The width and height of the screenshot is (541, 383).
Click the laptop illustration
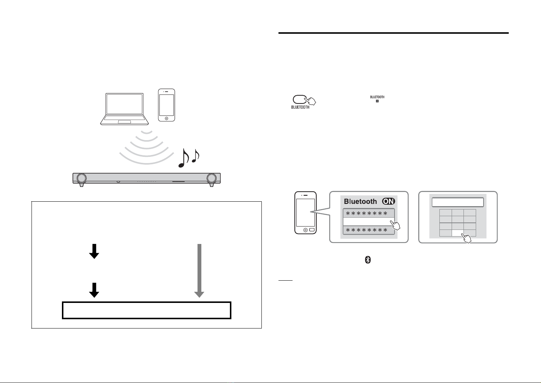[124, 109]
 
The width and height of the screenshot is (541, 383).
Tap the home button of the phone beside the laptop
[166, 118]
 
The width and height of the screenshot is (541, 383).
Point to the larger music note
[184, 158]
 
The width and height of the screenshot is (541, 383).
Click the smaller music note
[196, 156]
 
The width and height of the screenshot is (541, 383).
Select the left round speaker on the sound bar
[82, 178]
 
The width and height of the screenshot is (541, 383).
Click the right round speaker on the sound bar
[212, 178]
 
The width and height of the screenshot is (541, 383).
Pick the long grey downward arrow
[199, 271]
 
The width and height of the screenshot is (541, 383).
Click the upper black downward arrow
[94, 251]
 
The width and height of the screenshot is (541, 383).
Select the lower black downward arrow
[94, 290]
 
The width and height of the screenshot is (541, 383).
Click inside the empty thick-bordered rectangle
[146, 310]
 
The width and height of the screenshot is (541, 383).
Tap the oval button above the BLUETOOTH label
[300, 99]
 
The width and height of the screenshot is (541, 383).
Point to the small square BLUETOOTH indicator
[377, 101]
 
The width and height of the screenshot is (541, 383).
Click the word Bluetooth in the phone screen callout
[360, 201]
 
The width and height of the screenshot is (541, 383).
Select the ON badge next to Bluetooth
[389, 201]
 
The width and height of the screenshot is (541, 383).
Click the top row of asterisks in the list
[367, 214]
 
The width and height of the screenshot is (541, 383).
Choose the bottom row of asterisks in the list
[367, 230]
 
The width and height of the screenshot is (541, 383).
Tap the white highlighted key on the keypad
[458, 233]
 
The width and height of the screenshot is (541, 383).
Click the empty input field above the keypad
[458, 202]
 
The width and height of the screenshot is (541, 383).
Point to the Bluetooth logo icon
[367, 260]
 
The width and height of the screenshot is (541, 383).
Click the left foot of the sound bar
[82, 185]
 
